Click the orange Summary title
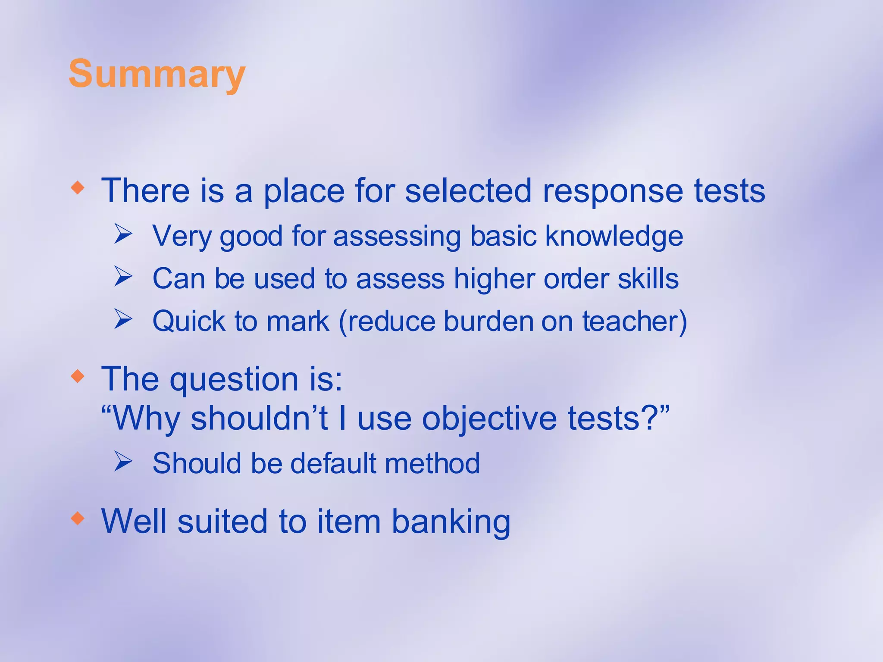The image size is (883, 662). click(157, 74)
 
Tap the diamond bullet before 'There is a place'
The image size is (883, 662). click(78, 187)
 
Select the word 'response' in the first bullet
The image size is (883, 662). click(613, 192)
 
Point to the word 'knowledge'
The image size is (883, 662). click(614, 237)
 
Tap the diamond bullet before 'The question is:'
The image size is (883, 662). click(78, 376)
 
